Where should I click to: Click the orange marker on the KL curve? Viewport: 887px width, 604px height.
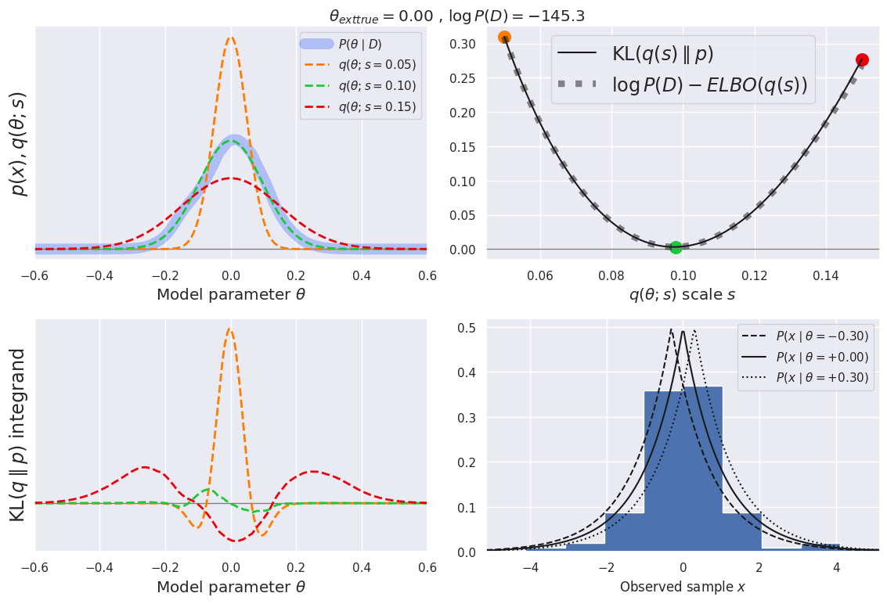pos(504,38)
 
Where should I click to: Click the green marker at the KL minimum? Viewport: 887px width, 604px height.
pos(676,247)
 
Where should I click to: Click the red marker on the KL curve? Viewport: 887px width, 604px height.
pos(862,59)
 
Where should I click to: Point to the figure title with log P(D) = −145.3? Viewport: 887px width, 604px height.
pos(456,16)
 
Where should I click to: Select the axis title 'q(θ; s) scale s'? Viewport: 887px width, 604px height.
pos(682,295)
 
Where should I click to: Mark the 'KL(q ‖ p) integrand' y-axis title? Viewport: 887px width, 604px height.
pos(17,435)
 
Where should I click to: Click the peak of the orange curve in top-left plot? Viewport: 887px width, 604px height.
pos(230,37)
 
